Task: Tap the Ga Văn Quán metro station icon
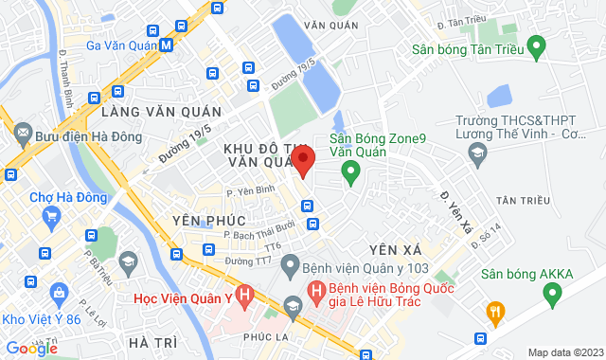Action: click(167, 45)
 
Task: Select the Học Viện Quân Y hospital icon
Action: click(244, 297)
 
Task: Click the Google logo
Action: click(31, 349)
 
